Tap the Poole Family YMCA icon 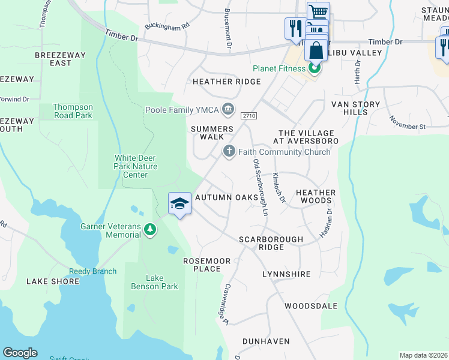[228, 109]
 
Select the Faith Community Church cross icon [228, 152]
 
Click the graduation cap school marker [179, 205]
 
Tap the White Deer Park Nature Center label [136, 166]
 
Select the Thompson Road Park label [73, 111]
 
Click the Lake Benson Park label [154, 282]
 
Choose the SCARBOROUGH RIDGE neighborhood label [271, 243]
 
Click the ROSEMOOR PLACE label [202, 265]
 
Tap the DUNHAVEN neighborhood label [266, 341]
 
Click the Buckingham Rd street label [167, 26]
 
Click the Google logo [20, 353]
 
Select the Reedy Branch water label [92, 271]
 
